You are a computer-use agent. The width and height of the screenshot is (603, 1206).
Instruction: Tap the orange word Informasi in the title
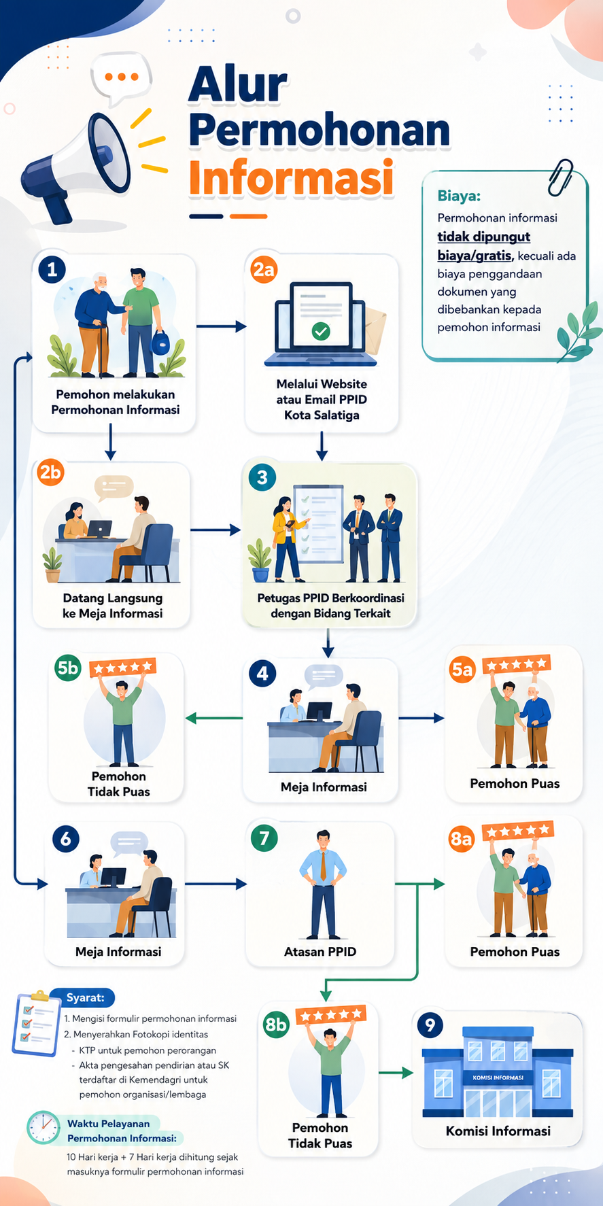click(291, 178)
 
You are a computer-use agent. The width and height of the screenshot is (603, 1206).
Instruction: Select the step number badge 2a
click(263, 269)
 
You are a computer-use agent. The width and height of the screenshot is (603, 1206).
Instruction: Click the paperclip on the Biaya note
click(561, 177)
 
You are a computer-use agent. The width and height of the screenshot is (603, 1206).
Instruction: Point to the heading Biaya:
click(459, 196)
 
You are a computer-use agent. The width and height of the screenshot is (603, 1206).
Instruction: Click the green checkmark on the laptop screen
click(321, 331)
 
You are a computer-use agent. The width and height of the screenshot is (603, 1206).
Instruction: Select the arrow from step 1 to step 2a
click(222, 326)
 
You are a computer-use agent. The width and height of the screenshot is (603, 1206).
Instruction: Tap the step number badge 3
click(262, 477)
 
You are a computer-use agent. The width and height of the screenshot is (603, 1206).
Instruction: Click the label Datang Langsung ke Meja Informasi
click(113, 606)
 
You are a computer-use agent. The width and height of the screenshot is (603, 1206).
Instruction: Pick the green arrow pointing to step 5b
click(214, 718)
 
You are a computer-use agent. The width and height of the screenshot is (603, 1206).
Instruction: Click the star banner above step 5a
click(516, 664)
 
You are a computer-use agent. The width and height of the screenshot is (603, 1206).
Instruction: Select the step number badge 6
click(66, 839)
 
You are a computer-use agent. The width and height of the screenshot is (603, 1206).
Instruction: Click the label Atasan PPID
click(320, 952)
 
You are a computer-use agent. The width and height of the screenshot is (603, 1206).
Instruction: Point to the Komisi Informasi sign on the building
click(498, 1078)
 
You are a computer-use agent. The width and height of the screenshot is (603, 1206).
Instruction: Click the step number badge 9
click(430, 1024)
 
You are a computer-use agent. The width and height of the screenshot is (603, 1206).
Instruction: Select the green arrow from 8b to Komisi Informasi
click(396, 1073)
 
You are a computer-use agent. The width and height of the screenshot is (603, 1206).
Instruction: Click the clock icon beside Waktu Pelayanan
click(44, 1128)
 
